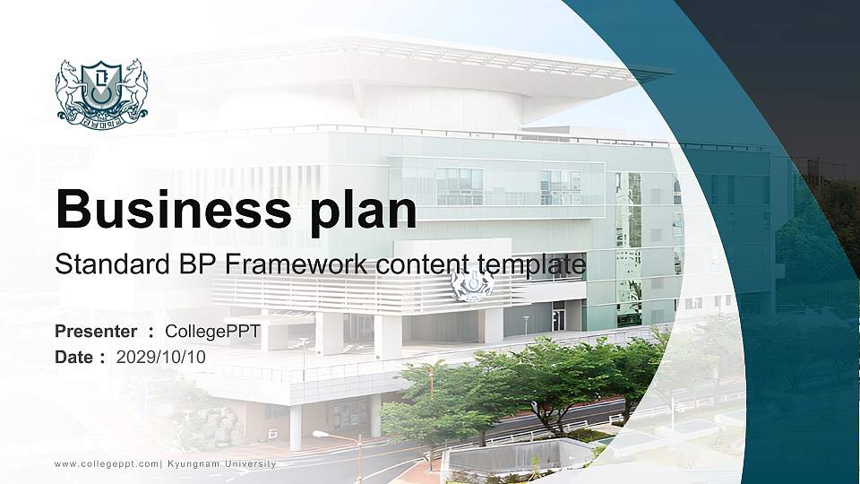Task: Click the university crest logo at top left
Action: pos(102,91)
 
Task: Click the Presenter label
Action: pos(96,332)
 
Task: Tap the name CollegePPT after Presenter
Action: pos(212,332)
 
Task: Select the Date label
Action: pos(74,357)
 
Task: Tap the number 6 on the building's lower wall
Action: pos(271,433)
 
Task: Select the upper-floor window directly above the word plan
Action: pos(459,186)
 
